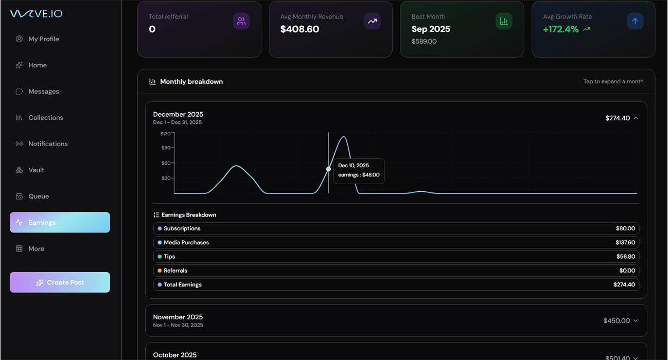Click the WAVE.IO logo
click(36, 13)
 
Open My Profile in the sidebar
click(43, 39)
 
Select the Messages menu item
click(43, 92)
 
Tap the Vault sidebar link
click(36, 170)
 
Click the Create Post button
click(60, 282)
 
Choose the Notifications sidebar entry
click(48, 144)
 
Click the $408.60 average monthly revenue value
click(300, 29)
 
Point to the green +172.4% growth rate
click(560, 29)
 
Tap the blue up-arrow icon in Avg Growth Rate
click(635, 21)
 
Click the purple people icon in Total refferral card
click(241, 21)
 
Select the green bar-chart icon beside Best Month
click(504, 21)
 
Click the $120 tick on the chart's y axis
click(166, 134)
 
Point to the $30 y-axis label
click(166, 178)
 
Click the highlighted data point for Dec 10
click(328, 169)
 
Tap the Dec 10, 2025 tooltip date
click(354, 166)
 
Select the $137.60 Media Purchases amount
click(625, 243)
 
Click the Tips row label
click(169, 257)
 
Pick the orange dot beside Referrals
click(160, 271)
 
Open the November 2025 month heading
click(178, 317)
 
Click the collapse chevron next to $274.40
click(636, 118)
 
